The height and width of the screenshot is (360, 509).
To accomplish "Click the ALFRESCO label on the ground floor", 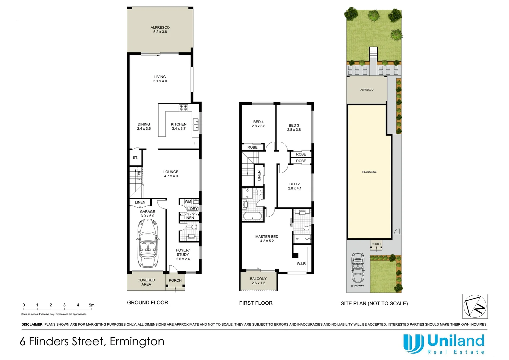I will [160, 28].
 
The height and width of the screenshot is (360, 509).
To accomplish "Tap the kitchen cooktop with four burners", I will [183, 108].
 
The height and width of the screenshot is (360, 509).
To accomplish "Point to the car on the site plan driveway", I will [358, 268].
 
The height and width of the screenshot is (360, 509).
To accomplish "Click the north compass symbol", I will [475, 306].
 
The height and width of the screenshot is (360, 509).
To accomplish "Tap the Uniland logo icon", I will [413, 343].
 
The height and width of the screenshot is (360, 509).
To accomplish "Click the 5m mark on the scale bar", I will [92, 305].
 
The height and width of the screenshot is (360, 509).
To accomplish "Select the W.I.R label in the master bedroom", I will [301, 264].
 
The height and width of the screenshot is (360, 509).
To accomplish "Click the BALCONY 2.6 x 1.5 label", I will [258, 281].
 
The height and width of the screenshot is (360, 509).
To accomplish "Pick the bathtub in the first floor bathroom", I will [253, 216].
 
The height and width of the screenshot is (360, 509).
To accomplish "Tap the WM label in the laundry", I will [188, 202].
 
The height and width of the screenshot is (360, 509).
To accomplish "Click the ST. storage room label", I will [135, 158].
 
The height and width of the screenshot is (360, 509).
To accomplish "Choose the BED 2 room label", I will [294, 184].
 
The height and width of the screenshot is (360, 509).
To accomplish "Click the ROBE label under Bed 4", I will [252, 147].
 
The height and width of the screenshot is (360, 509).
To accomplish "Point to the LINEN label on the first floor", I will [259, 175].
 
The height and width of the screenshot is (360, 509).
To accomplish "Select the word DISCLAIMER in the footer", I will [32, 324].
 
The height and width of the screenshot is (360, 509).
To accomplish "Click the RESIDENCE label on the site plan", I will [369, 172].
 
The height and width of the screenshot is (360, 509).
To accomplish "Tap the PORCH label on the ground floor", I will [175, 280].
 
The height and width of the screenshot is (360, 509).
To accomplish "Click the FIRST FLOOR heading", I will [256, 303].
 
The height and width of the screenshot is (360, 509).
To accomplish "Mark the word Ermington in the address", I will [137, 342].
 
